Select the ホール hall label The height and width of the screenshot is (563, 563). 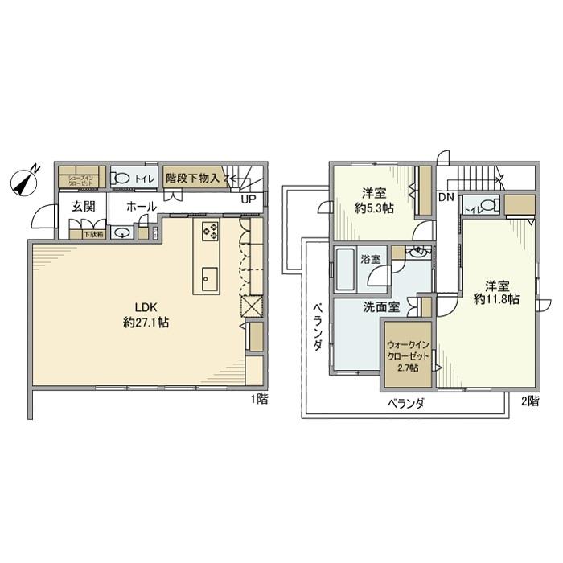[142, 206]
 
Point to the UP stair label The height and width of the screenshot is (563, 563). [249, 199]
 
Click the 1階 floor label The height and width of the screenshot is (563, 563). [258, 400]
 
